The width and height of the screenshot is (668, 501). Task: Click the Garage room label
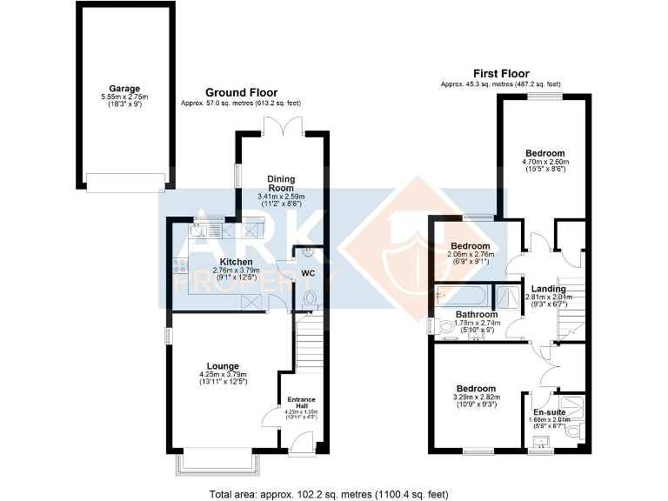124,88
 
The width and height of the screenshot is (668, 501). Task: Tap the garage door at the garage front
124,181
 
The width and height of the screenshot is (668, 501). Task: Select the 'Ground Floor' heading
241,92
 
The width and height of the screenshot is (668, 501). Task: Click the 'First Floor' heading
501,74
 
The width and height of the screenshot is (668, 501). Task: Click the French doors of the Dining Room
282,132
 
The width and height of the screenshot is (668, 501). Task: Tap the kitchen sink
199,230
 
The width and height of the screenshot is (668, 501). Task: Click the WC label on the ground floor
307,273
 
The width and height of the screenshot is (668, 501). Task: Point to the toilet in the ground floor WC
309,297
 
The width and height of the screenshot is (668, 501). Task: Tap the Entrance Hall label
302,404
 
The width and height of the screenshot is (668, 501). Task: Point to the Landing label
549,289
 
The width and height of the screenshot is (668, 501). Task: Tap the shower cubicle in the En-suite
575,406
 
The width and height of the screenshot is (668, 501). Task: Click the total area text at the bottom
329,493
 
